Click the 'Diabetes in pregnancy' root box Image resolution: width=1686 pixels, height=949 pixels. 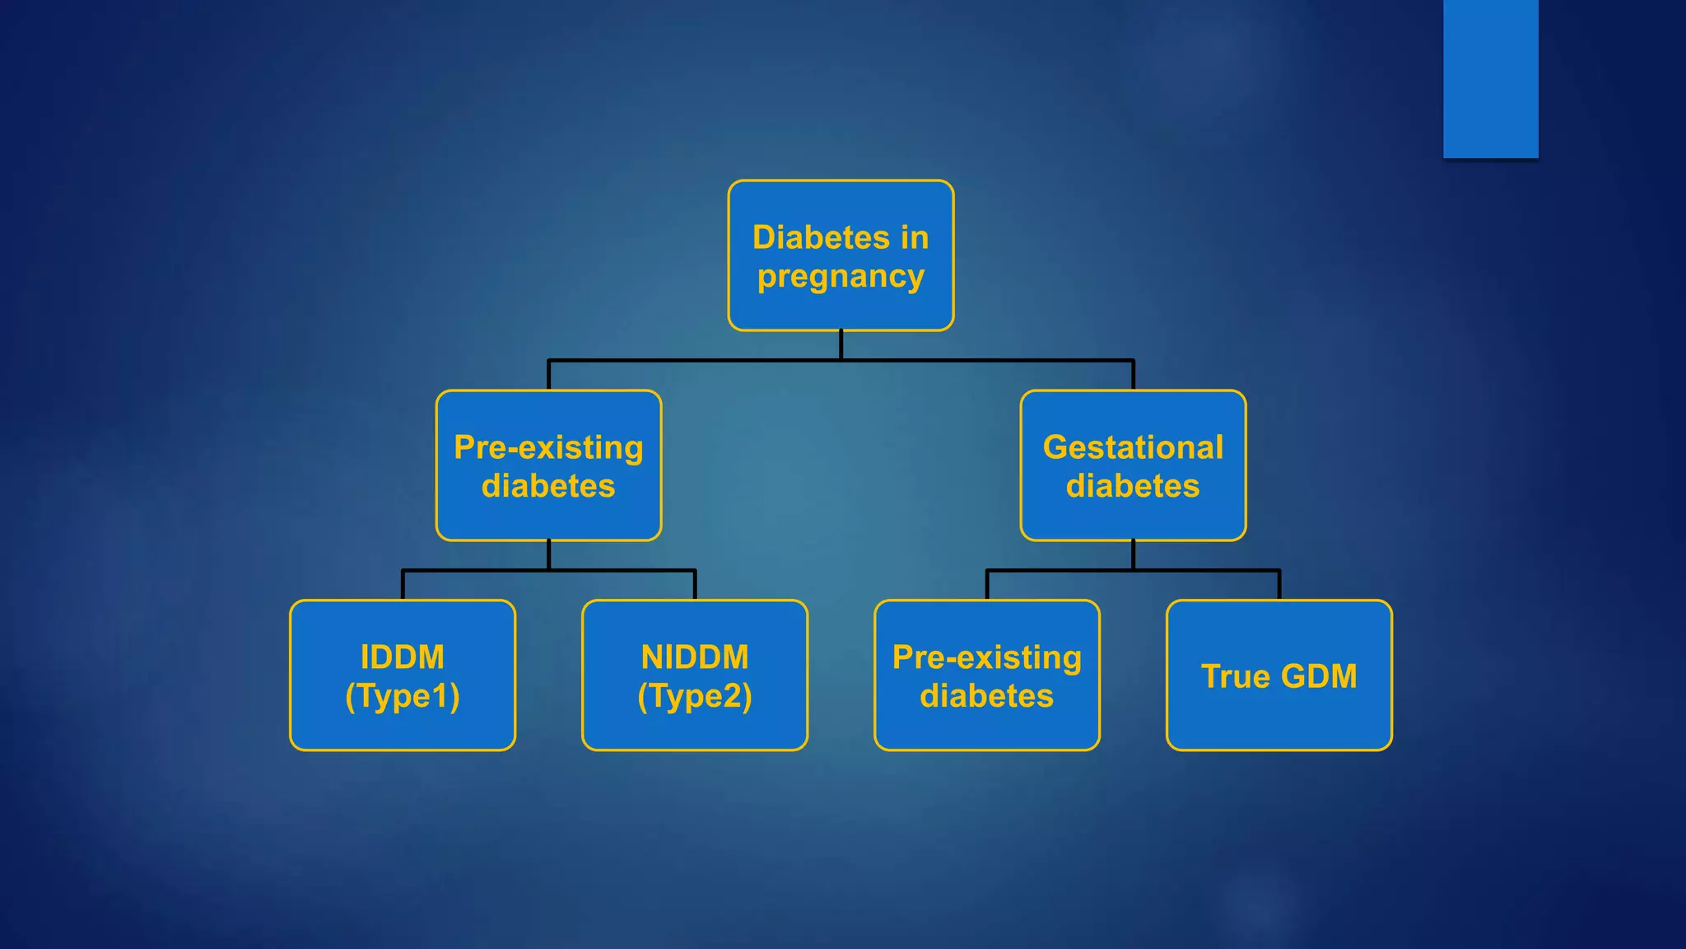(841, 255)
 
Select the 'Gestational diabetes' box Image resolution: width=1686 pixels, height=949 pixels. (1133, 465)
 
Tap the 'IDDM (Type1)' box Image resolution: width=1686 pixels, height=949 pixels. (403, 676)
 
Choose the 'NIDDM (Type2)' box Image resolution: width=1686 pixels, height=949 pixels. (695, 676)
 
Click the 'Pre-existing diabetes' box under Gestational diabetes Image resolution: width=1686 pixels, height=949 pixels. (986, 676)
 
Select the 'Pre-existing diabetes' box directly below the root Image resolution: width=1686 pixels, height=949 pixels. (548, 465)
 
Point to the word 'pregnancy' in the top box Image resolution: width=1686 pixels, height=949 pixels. (841, 277)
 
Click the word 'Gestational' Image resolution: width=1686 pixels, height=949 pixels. (1133, 447)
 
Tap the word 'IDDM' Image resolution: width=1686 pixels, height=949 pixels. (403, 657)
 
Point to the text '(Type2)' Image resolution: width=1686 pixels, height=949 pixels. (695, 696)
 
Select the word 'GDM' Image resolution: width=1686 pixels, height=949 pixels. (1319, 676)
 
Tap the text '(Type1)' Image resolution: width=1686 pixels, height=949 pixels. (403, 696)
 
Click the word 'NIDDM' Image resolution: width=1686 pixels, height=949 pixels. (695, 657)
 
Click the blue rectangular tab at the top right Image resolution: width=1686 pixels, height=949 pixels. (1490, 78)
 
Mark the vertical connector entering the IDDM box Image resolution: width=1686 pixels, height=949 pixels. (403, 585)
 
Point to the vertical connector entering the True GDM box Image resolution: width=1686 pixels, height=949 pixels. (1278, 585)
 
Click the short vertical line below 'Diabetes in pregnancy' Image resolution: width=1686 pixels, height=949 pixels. (841, 345)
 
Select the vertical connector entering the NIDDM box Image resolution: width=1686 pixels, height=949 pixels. (695, 585)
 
